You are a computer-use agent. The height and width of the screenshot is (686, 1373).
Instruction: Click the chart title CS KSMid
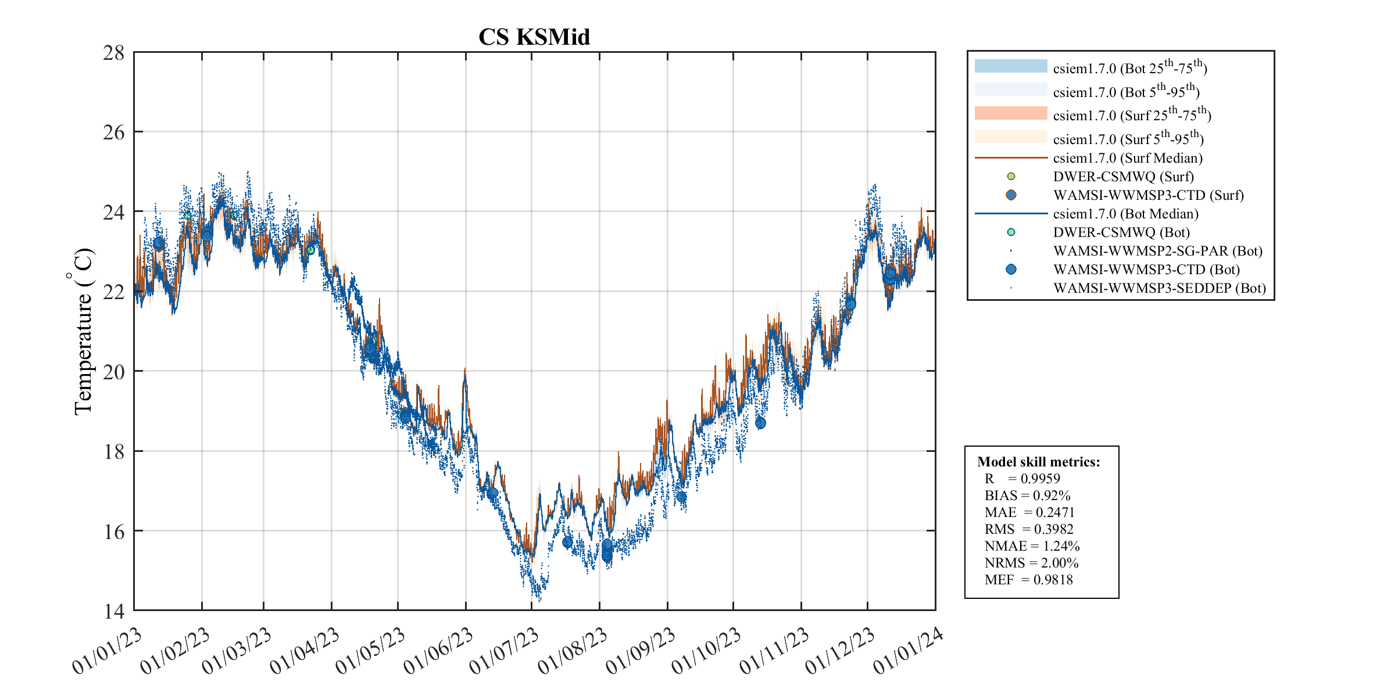click(x=534, y=37)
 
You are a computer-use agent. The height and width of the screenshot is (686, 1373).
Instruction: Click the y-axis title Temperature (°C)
click(x=83, y=331)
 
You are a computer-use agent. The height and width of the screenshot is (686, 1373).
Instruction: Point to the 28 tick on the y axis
click(x=114, y=53)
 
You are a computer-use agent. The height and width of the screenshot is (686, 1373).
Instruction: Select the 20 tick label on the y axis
click(x=114, y=372)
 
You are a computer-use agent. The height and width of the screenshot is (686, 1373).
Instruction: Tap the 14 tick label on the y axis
click(x=114, y=611)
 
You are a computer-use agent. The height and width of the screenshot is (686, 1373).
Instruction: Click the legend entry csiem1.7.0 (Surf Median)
click(x=1127, y=158)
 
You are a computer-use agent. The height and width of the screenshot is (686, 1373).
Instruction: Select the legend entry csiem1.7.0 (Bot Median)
click(x=1125, y=214)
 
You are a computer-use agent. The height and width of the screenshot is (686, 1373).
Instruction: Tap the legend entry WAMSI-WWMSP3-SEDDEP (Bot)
click(x=1159, y=288)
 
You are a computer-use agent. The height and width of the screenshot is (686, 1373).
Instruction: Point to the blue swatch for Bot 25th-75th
click(x=1010, y=66)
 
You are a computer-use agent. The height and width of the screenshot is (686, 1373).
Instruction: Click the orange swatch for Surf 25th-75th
click(x=1010, y=113)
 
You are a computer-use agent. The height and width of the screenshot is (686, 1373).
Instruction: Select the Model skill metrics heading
click(x=1038, y=462)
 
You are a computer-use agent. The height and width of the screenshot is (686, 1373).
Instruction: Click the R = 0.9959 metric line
click(x=1022, y=479)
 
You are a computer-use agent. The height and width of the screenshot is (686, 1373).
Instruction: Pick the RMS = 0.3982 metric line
click(x=1029, y=529)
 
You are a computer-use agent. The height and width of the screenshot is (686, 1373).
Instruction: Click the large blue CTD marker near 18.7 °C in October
click(x=760, y=423)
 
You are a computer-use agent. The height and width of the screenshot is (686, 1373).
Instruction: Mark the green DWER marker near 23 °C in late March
click(x=310, y=250)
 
